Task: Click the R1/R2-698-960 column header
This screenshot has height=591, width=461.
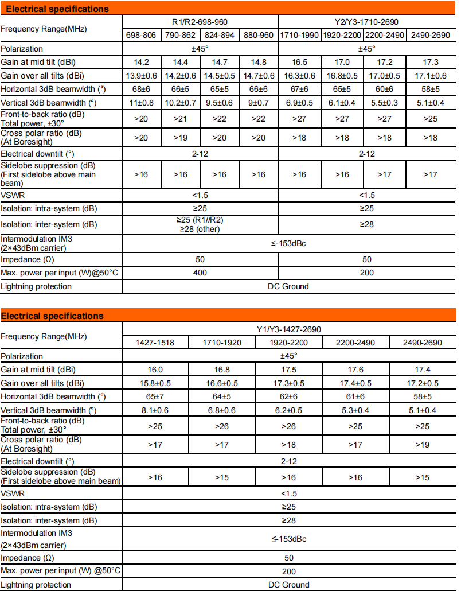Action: tap(200, 22)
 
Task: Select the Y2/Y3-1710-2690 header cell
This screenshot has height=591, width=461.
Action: tap(366, 22)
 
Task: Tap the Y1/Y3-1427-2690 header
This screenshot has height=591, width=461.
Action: tap(288, 329)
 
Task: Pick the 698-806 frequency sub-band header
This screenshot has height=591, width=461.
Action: tap(141, 35)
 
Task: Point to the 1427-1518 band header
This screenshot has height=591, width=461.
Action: tap(154, 343)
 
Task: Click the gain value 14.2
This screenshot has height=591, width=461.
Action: tap(141, 63)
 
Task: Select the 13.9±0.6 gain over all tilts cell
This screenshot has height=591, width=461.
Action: tap(141, 76)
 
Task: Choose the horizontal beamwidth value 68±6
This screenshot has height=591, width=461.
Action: tap(141, 89)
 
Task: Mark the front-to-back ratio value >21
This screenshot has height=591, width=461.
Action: tap(181, 119)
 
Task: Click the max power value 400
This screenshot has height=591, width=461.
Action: tap(200, 273)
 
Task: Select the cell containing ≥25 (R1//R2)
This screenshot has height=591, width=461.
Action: tap(200, 220)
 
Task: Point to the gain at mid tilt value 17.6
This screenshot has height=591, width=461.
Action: tap(355, 370)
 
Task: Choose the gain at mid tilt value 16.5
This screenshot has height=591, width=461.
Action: tap(299, 63)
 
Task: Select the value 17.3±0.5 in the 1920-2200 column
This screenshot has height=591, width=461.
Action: tap(288, 383)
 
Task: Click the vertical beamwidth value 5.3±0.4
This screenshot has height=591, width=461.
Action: tap(355, 410)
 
